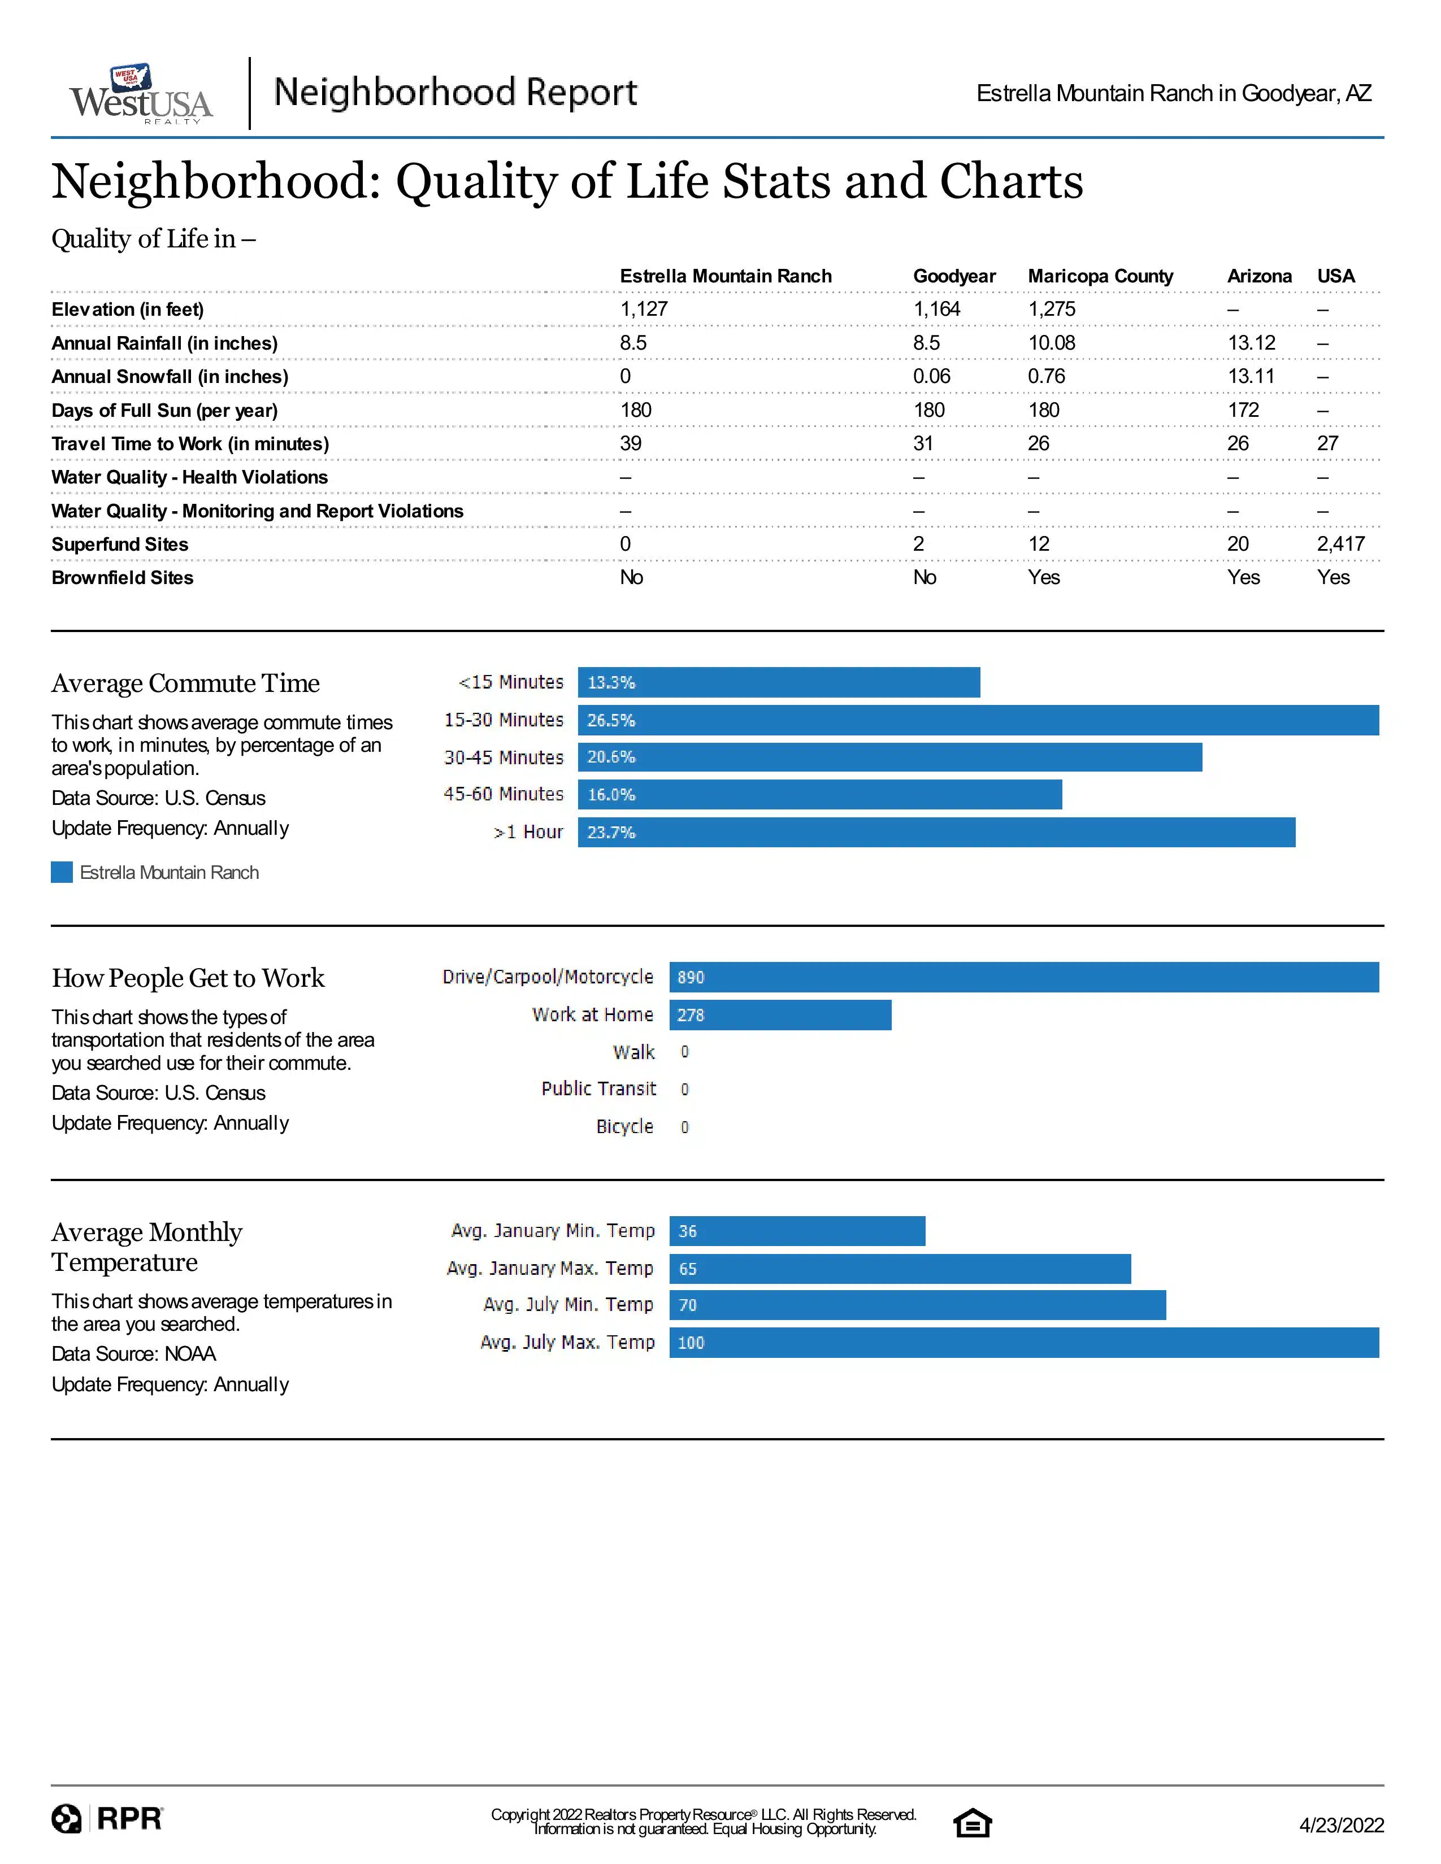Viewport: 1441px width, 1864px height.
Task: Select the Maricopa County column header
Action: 1100,277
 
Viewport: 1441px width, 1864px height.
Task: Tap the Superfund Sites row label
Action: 119,545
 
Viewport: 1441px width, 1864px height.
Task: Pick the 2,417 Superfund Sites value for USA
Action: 1341,545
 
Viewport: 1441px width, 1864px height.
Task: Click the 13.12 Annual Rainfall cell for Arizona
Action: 1252,343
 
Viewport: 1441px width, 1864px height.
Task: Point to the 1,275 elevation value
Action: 1052,310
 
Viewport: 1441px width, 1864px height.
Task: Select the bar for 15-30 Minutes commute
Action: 978,720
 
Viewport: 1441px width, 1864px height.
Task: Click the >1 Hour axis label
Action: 528,832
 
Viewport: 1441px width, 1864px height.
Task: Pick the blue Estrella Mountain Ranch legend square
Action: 62,872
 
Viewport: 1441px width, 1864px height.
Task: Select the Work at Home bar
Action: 780,1015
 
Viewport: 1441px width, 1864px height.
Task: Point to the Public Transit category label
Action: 598,1089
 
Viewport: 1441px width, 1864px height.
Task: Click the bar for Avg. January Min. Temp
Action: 797,1231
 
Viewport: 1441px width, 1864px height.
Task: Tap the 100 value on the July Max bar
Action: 691,1343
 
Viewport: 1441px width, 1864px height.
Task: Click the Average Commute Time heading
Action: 185,683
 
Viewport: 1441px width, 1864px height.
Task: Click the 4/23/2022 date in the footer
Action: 1341,1824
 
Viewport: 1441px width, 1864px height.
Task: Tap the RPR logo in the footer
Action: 107,1819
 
